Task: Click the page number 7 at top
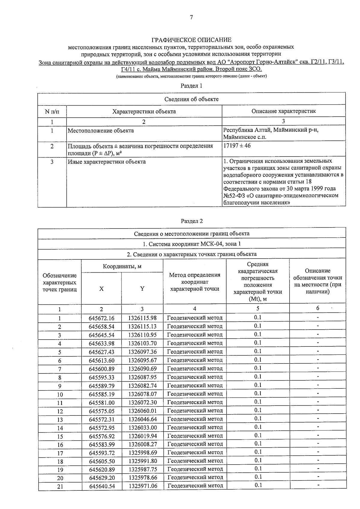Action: point(191,17)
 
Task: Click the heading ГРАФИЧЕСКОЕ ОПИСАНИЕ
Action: point(191,40)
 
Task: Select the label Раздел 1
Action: point(191,86)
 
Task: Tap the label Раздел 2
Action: point(192,221)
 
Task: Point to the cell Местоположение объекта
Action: point(101,131)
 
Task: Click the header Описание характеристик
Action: point(283,111)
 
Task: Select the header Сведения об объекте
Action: point(191,99)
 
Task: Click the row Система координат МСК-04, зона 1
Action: point(192,244)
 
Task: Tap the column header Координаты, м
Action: point(122,266)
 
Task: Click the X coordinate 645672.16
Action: point(101,318)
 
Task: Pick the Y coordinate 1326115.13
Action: point(142,327)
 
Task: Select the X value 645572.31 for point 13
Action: point(101,419)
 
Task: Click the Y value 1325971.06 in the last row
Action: point(143,486)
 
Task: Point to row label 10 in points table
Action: point(60,394)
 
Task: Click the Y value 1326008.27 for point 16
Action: point(143,445)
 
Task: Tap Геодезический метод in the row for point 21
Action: point(195,486)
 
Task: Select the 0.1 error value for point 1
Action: point(257,318)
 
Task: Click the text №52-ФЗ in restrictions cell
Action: point(233,196)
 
